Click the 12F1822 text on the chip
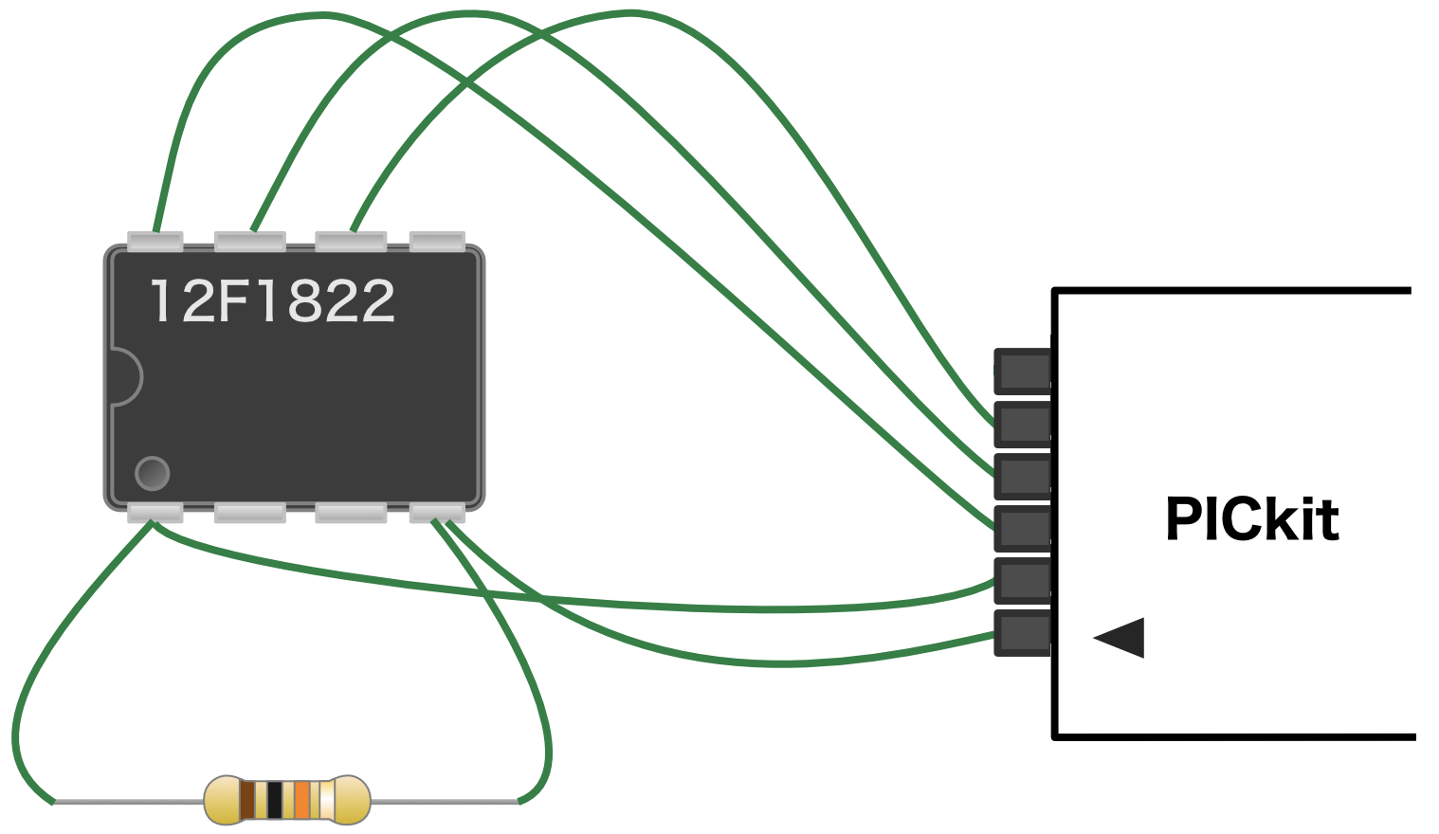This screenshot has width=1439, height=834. (272, 301)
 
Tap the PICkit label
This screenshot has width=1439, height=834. (1251, 519)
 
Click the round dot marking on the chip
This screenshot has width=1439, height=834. (152, 473)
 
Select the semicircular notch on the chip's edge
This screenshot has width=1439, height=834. (125, 377)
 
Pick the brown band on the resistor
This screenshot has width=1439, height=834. (247, 800)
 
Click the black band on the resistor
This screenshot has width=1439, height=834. (275, 800)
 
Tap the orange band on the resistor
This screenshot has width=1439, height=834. (301, 800)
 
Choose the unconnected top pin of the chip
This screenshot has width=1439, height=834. (436, 241)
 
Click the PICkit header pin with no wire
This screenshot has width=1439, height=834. (1023, 371)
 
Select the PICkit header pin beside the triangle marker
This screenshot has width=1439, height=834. (1023, 633)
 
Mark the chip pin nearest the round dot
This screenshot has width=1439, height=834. (155, 513)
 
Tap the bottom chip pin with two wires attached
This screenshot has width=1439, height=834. (436, 513)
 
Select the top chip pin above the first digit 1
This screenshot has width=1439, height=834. (155, 241)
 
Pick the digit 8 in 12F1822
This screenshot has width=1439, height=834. (302, 301)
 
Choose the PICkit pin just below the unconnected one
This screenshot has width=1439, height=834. (1023, 424)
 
